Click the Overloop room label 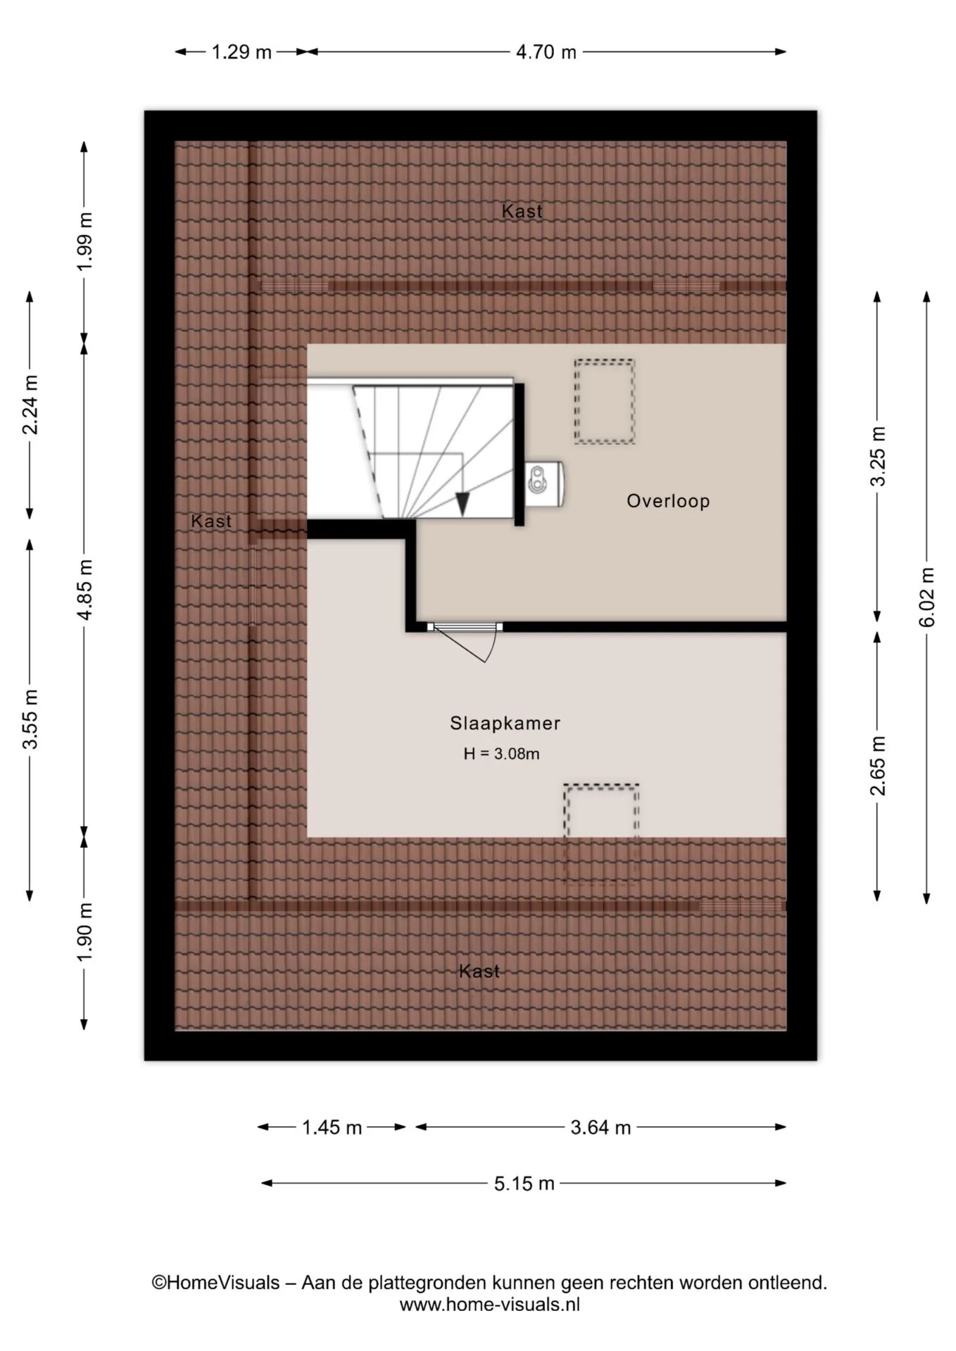pos(668,501)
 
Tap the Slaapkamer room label pos(505,723)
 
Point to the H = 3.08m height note pos(501,754)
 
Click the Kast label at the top pos(522,210)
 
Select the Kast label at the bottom pos(479,971)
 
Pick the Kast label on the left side pos(211,521)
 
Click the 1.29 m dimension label pos(241,52)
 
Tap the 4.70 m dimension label pos(546,52)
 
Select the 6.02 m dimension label pos(927,597)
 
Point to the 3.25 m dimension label pos(878,456)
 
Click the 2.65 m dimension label pos(878,766)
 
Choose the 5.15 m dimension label pos(524,1184)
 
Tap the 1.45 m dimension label pos(332,1128)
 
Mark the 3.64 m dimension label pos(600,1128)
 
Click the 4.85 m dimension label pos(84,590)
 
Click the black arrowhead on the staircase pos(463,503)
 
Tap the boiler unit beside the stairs pos(544,483)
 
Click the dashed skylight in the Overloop pos(604,402)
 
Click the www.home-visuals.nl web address pos(490,1305)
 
